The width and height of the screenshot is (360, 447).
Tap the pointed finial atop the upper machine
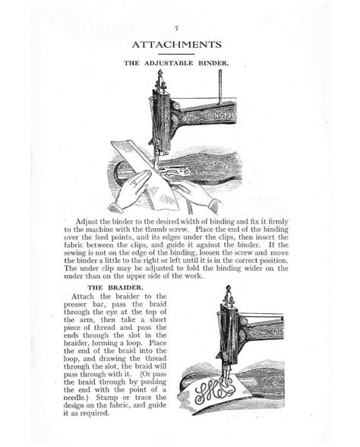159,74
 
